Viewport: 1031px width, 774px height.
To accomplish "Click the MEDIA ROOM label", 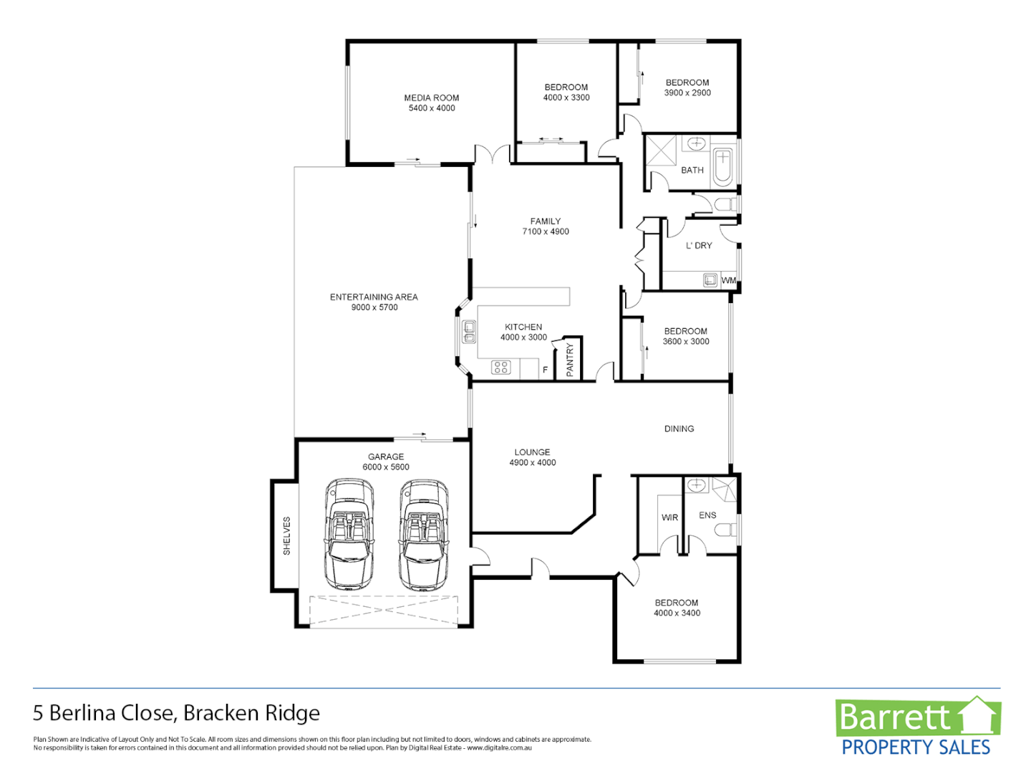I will (431, 98).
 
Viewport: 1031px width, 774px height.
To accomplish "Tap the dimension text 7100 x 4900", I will (546, 231).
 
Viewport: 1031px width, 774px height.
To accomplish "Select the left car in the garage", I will (349, 534).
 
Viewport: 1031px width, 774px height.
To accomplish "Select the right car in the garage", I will (424, 534).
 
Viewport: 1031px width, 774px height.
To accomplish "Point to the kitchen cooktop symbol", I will (500, 368).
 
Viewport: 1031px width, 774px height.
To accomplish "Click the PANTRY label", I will (570, 359).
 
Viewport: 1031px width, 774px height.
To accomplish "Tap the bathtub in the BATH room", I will (723, 166).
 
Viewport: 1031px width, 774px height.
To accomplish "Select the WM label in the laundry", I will (728, 280).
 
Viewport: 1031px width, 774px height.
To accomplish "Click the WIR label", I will (669, 517).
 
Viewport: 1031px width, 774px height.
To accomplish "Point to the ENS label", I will (707, 515).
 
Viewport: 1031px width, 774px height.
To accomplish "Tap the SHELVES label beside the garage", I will (286, 536).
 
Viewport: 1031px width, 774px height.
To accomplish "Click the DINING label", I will (679, 429).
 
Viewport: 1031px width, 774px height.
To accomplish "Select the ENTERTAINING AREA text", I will (374, 297).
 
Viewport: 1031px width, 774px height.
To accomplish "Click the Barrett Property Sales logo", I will (917, 727).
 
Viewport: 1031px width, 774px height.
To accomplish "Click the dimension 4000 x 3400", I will (677, 613).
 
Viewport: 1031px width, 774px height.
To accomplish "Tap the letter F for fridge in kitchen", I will (545, 370).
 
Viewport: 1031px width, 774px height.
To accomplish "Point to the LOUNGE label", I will (532, 452).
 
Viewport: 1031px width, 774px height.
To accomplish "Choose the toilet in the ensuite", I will (725, 530).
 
